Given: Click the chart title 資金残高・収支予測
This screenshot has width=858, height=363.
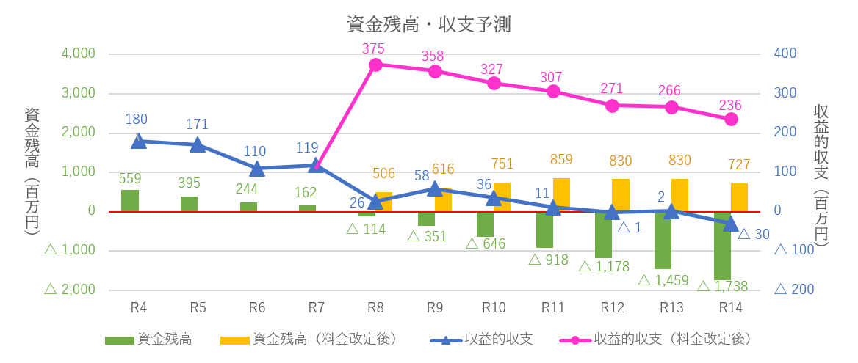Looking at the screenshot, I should tap(429, 24).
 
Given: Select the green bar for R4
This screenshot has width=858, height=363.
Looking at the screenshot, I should tap(130, 200).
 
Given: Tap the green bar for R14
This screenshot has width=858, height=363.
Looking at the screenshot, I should tap(722, 245).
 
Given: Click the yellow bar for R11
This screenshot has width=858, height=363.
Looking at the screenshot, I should tap(561, 194).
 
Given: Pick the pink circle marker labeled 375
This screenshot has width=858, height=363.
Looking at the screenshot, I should tap(375, 65).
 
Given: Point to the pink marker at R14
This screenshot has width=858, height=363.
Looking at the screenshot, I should tap(731, 119).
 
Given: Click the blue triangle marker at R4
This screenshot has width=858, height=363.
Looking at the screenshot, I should tap(138, 140).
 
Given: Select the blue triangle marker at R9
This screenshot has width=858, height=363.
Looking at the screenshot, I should tap(435, 188).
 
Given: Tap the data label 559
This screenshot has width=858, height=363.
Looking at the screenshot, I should tap(129, 178).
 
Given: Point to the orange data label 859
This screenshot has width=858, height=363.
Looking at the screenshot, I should tap(561, 159).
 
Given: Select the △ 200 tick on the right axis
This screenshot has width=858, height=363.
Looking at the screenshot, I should tap(793, 290).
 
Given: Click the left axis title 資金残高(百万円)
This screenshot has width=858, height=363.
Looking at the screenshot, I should tap(32, 171).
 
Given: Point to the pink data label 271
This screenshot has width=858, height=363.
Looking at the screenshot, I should tap(611, 89).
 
